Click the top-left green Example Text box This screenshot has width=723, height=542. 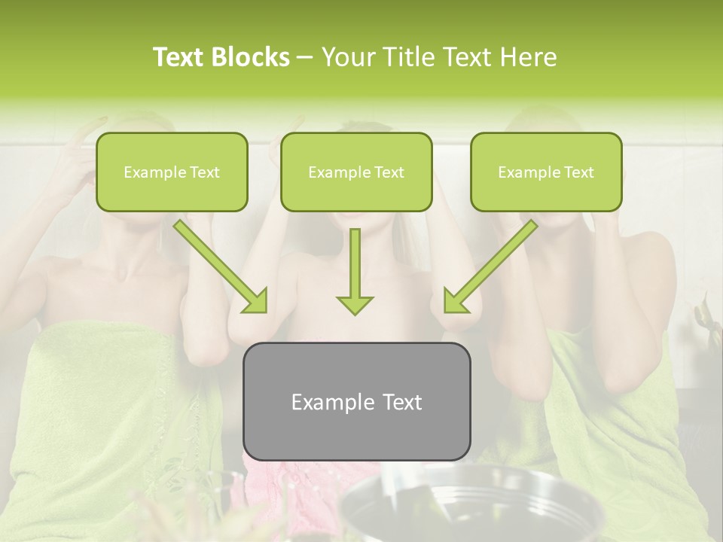[x=172, y=172]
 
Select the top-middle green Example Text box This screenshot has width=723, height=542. [x=356, y=172]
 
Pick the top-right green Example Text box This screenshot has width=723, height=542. [x=546, y=172]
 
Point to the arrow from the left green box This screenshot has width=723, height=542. [x=218, y=264]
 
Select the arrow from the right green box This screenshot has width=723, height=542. [x=493, y=264]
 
